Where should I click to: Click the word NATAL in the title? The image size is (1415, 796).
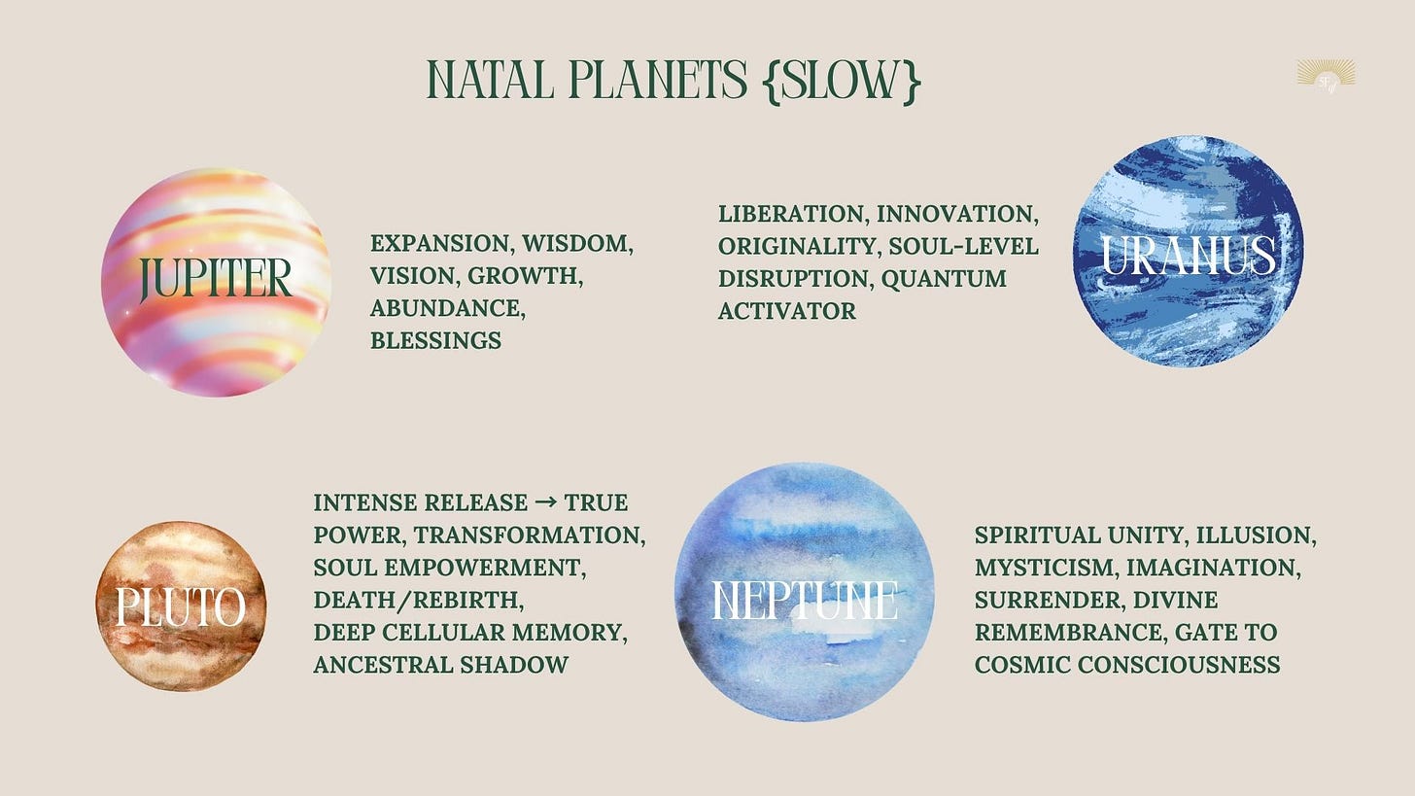(490, 80)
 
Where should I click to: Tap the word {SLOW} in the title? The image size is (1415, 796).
(842, 81)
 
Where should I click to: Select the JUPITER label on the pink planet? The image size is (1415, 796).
(216, 279)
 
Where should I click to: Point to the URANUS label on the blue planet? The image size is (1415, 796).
(1189, 255)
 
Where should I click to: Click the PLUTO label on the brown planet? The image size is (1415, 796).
(181, 606)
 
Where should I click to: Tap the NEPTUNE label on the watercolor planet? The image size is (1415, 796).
(804, 601)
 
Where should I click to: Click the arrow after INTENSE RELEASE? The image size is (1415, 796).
(545, 502)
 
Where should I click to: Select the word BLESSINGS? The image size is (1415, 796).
(435, 340)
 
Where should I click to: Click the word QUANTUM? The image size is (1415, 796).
(944, 279)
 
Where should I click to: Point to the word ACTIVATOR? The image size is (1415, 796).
(787, 311)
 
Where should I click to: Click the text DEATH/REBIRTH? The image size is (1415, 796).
(419, 601)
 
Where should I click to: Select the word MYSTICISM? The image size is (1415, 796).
(1047, 568)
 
